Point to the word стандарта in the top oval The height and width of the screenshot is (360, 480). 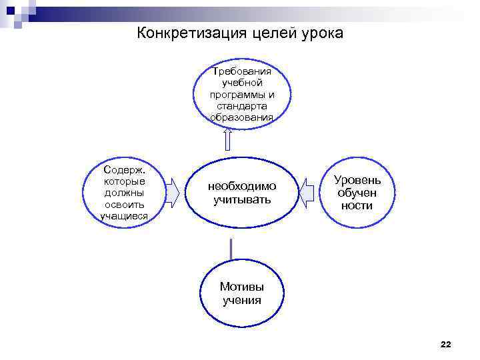[241, 106]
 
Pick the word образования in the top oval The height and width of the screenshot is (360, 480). [241, 118]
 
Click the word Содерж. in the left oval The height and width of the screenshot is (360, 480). [124, 169]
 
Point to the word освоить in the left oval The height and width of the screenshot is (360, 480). [124, 205]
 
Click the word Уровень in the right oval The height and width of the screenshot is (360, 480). [357, 180]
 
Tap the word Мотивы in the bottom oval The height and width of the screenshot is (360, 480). [241, 287]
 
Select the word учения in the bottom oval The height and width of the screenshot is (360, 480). [241, 300]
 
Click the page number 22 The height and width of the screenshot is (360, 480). [446, 344]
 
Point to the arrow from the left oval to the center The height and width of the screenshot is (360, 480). [172, 193]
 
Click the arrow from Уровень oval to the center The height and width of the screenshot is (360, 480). [307, 193]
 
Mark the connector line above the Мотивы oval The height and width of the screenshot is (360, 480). [231, 249]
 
